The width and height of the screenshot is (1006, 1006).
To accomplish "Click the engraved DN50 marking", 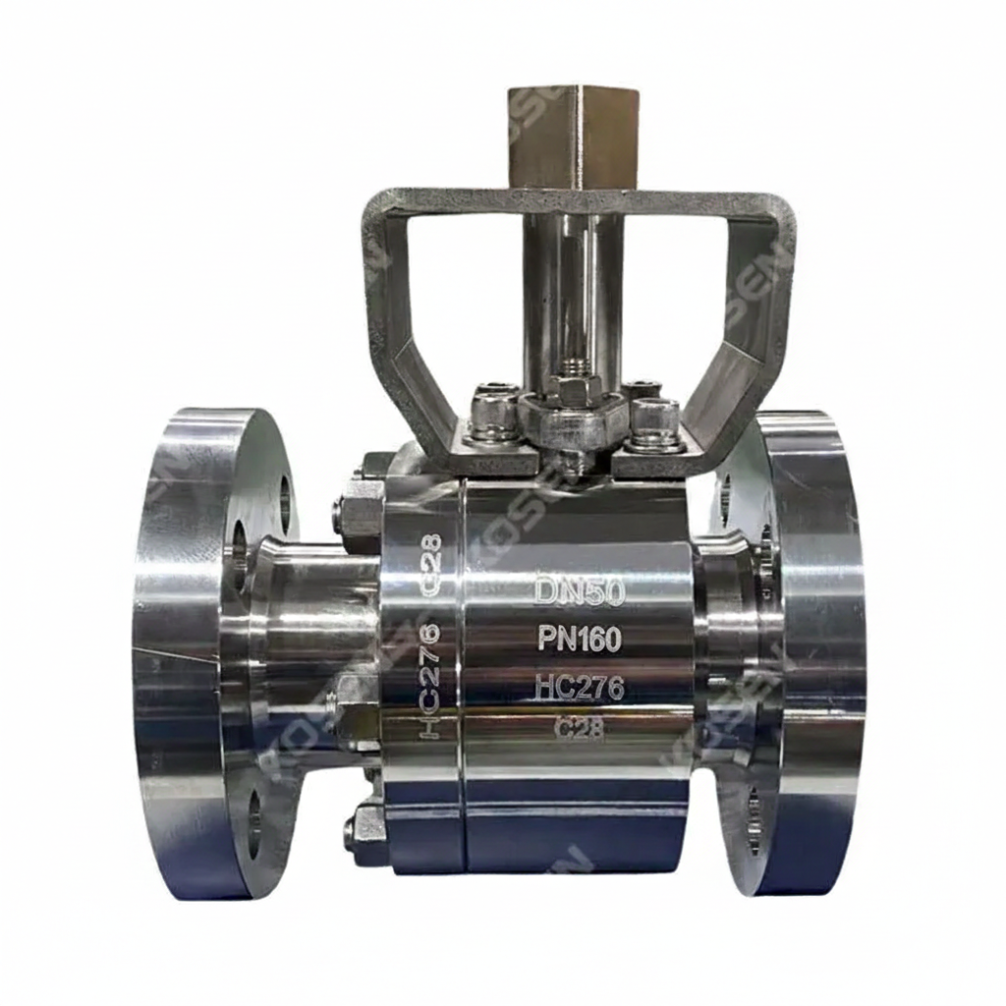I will [580, 591].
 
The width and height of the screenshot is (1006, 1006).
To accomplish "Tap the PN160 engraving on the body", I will [580, 640].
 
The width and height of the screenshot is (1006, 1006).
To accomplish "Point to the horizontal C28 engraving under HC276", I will [580, 729].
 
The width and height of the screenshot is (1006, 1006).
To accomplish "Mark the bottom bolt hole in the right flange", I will [753, 815].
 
